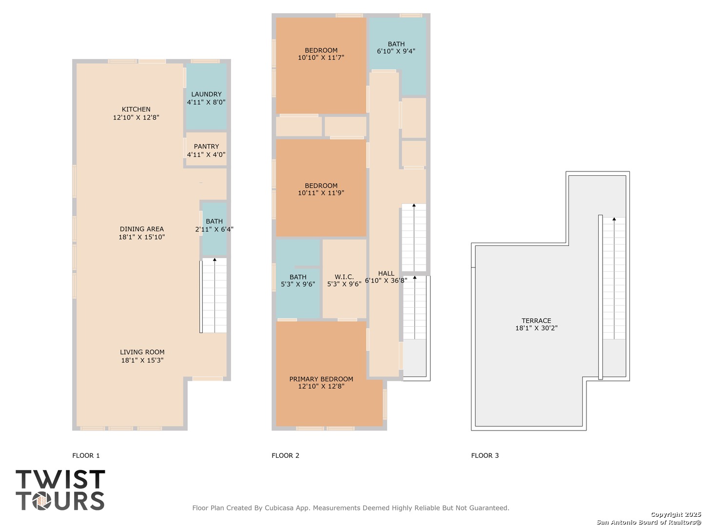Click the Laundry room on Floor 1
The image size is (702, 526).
click(206, 96)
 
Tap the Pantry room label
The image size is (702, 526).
click(206, 147)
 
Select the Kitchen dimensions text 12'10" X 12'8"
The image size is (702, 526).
click(136, 117)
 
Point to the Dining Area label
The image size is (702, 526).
click(142, 229)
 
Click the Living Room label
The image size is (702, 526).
click(142, 352)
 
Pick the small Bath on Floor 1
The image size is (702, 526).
click(214, 229)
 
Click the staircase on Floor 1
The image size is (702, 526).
click(214, 296)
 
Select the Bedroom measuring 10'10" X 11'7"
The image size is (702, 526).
click(321, 65)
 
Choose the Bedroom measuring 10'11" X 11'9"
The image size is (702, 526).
click(321, 188)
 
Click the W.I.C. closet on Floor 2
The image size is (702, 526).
click(344, 279)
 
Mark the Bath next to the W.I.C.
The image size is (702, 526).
click(298, 279)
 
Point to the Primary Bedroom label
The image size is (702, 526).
click(321, 379)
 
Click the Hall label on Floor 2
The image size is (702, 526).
click(386, 273)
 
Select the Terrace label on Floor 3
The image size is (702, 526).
click(536, 320)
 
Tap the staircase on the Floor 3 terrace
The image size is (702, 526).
click(614, 278)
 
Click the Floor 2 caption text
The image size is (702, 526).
click(285, 455)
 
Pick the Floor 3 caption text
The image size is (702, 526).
click(485, 455)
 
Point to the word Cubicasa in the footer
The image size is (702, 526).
click(277, 508)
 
